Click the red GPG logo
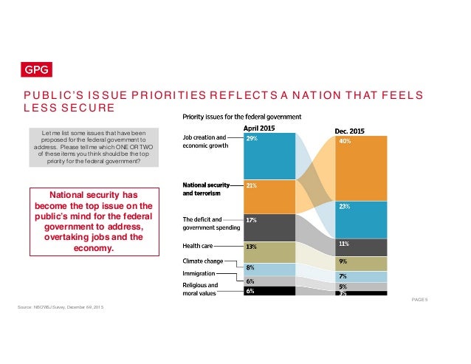(x=32, y=70)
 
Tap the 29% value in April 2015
(x=252, y=138)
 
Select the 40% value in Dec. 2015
(x=344, y=142)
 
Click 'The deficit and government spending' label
(x=210, y=223)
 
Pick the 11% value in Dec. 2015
(x=343, y=243)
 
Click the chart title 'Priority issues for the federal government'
(x=241, y=117)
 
